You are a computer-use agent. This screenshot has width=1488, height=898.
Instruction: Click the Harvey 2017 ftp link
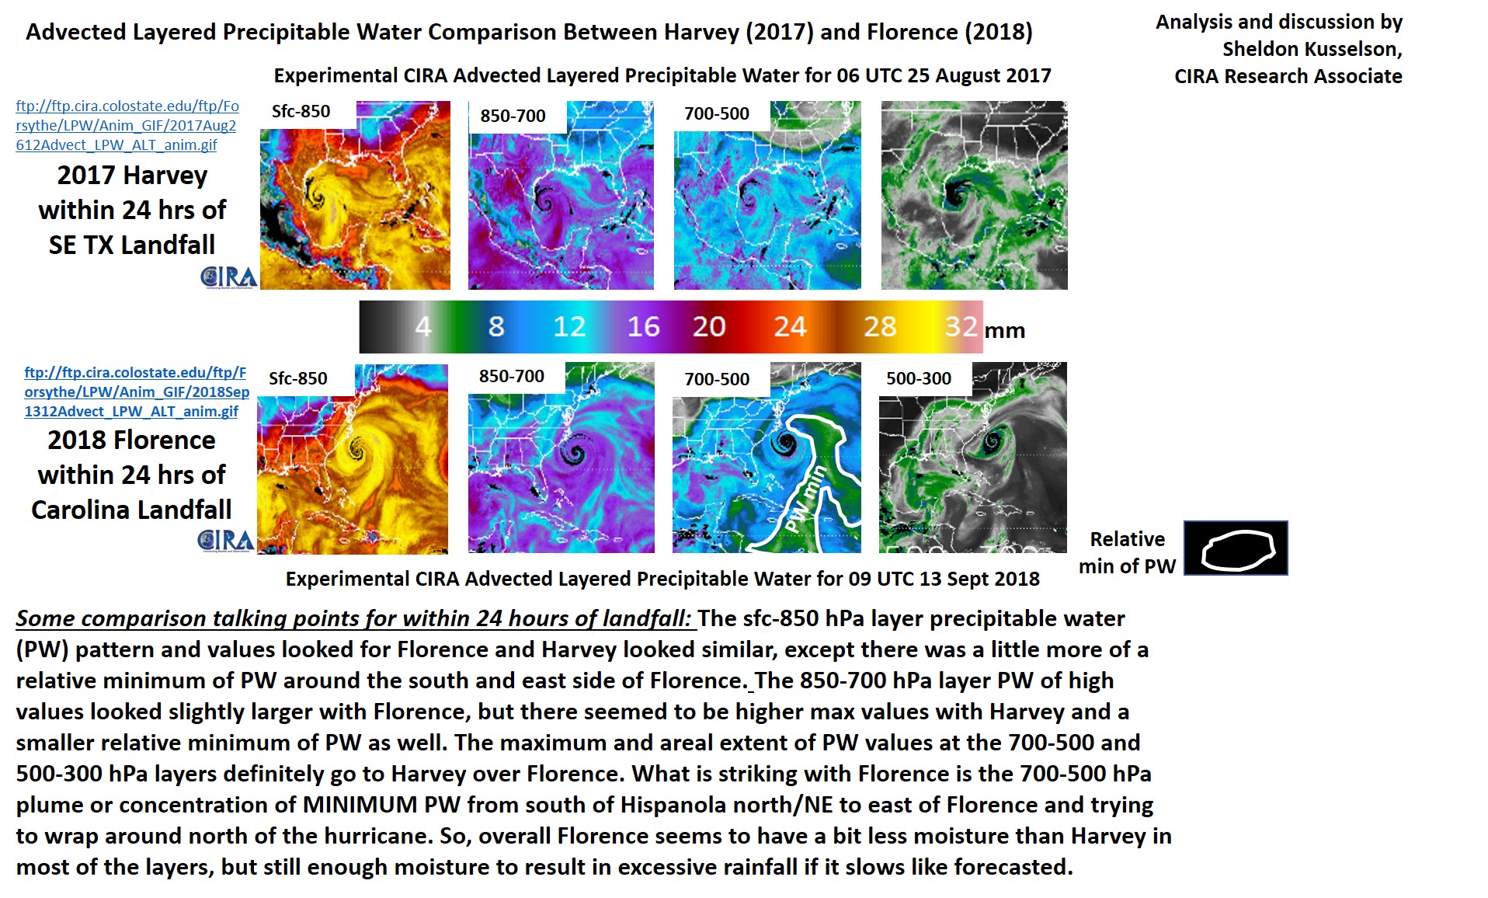(x=127, y=125)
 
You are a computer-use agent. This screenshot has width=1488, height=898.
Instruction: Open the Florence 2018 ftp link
(x=137, y=392)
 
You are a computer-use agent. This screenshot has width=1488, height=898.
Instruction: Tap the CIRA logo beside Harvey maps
(x=228, y=277)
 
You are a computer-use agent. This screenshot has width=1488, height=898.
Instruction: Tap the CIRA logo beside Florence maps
(x=226, y=541)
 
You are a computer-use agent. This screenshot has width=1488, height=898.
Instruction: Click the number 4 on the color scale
(x=422, y=326)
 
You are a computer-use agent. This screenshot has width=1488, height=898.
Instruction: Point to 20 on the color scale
(x=709, y=326)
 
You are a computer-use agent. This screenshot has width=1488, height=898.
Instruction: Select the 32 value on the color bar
(x=961, y=326)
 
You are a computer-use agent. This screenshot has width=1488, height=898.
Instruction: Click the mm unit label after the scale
(x=1005, y=331)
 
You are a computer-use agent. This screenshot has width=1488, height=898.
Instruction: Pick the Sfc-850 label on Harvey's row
(x=301, y=112)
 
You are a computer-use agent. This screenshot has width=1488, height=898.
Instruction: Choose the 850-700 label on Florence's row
(x=512, y=376)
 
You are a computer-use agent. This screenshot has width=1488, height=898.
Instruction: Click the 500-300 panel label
(x=919, y=378)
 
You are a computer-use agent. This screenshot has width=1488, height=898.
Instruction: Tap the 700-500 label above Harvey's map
(x=717, y=114)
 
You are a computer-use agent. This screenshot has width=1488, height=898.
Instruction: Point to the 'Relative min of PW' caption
(x=1128, y=552)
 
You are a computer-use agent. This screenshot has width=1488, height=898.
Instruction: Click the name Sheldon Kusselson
(x=1312, y=49)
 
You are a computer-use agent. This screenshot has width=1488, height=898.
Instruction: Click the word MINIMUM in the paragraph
(x=360, y=805)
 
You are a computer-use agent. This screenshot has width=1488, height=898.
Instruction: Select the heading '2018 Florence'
(x=131, y=440)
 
